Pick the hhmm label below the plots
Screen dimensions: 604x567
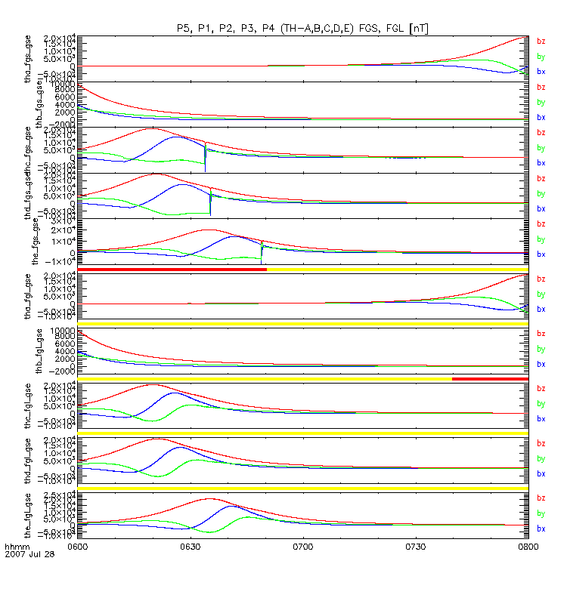click(17, 546)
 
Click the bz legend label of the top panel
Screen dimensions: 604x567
click(541, 42)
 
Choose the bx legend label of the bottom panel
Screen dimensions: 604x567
click(541, 528)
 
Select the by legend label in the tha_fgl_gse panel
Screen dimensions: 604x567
click(541, 294)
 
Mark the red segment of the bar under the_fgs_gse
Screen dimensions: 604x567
click(172, 269)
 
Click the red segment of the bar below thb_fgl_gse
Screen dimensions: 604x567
click(489, 378)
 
